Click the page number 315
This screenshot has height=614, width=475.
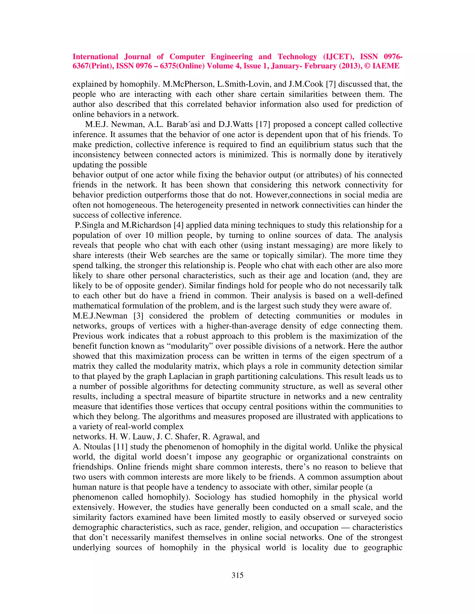[237, 575]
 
